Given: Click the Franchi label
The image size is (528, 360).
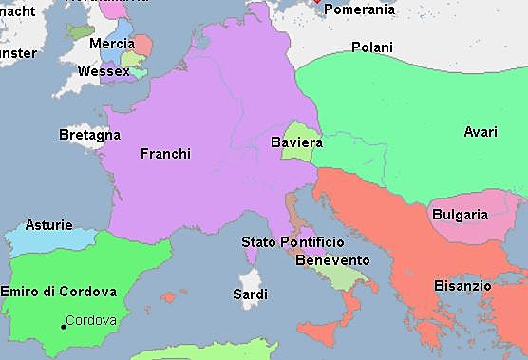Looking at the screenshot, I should point(165,153).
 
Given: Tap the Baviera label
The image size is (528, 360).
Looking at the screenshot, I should point(296,143).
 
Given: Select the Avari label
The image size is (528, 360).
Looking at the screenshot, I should point(480,132).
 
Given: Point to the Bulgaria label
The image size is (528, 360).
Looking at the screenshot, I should point(460,215).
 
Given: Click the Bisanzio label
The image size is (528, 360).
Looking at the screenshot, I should point(462,285).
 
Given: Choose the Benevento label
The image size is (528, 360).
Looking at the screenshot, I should point(332,260).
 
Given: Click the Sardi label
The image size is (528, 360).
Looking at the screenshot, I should point(250,294).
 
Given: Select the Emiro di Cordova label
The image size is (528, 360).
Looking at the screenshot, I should point(59,291).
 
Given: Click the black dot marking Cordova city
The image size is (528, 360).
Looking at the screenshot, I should point(63,326).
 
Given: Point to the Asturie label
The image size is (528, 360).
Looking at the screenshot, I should point(48,225).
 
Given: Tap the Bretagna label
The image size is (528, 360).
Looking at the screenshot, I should point(89,136).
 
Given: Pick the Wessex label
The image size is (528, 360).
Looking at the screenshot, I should point(104,71).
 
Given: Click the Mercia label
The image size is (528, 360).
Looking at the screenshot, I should point(111,44).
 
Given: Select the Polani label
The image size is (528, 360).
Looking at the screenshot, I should point(372,47).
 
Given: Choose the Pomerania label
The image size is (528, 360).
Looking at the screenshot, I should point(360,9).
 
